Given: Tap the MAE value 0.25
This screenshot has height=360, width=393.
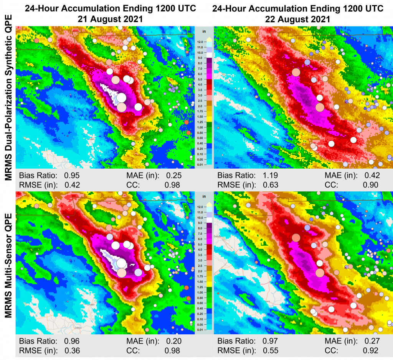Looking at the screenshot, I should click(x=173, y=176).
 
